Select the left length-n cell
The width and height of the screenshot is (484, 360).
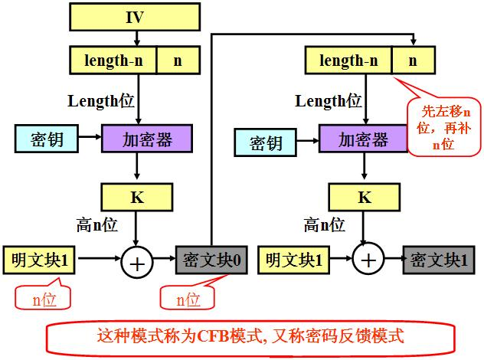point(113,60)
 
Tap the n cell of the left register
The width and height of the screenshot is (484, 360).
point(178,60)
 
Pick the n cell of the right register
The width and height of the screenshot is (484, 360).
point(413,60)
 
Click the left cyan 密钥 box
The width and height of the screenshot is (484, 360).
point(46,139)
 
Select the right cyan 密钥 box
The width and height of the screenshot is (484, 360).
point(264,142)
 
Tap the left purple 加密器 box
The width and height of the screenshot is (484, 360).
point(146,139)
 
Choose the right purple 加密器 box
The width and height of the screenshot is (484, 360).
point(363,139)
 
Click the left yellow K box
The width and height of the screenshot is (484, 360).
point(137,198)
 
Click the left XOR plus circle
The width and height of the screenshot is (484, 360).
point(137,262)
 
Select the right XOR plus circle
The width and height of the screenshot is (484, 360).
point(369,260)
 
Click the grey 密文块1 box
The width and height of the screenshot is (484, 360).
point(435,260)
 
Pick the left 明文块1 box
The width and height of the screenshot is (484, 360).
point(39,261)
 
